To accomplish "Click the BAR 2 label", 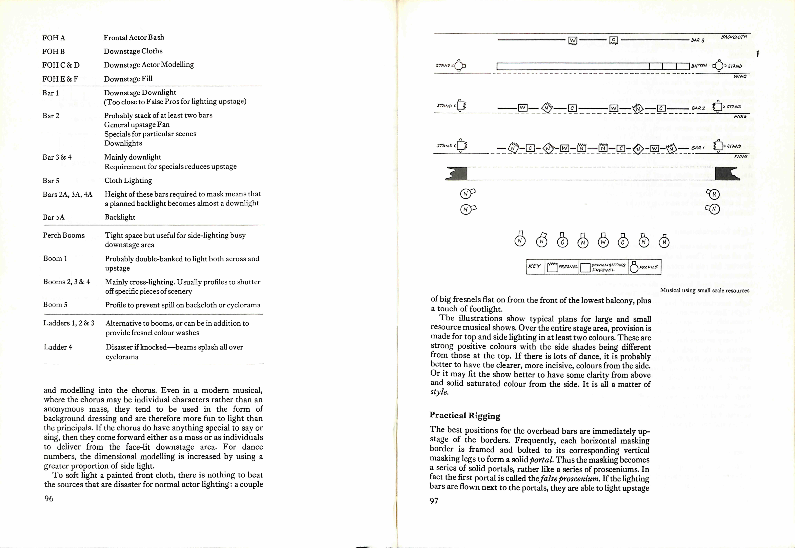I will (x=698, y=108).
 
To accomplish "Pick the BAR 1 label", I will (x=698, y=148).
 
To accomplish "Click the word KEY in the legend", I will (x=535, y=266).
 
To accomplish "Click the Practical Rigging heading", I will (x=465, y=415).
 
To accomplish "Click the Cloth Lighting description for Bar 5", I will (x=128, y=181).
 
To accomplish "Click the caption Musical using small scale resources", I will (x=704, y=290).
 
